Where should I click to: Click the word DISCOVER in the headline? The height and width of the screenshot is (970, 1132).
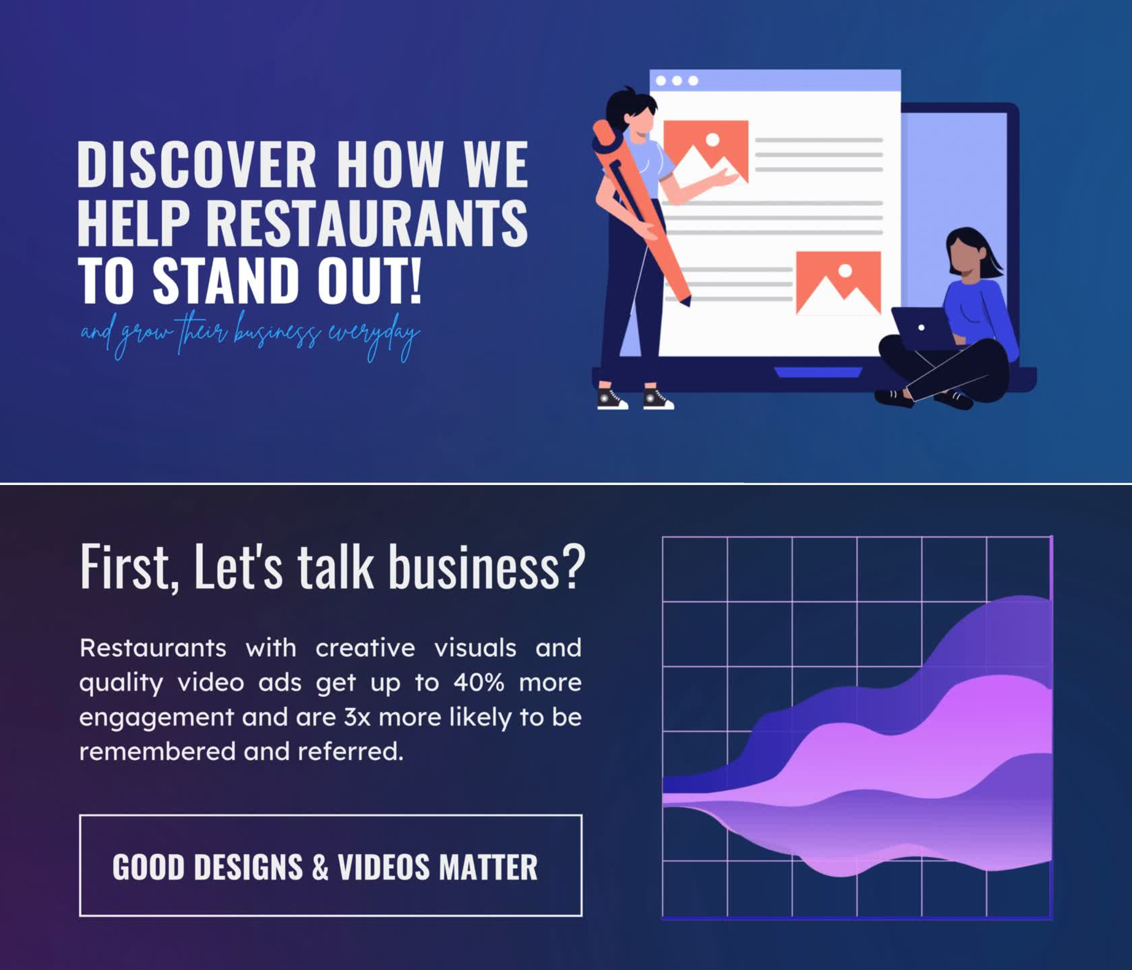[x=197, y=164]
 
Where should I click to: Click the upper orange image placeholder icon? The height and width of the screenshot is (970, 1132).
[x=706, y=151]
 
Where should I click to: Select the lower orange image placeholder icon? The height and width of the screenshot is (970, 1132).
[x=838, y=282]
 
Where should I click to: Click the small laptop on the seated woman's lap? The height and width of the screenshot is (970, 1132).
[x=923, y=328]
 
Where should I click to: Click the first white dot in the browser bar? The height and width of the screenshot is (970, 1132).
[x=660, y=81]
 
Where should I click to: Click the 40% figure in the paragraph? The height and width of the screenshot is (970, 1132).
[x=479, y=683]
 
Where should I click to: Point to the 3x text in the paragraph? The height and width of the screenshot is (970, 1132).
[x=357, y=717]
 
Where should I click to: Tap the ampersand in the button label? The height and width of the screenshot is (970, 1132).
[x=320, y=867]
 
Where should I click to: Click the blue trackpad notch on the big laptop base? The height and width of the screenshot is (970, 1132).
[x=818, y=372]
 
